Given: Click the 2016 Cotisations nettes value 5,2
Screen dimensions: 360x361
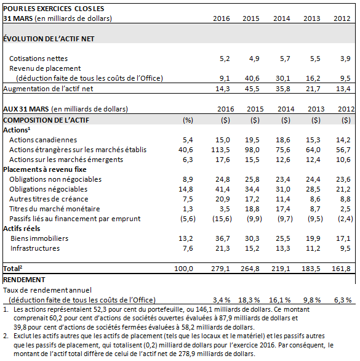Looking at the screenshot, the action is pyautogui.click(x=225, y=59).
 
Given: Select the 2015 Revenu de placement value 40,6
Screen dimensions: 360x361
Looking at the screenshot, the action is pyautogui.click(x=252, y=78).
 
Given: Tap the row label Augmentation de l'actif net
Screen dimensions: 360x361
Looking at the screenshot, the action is pyautogui.click(x=48, y=89).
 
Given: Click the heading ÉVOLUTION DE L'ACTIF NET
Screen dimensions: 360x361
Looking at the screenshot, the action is pyautogui.click(x=49, y=39).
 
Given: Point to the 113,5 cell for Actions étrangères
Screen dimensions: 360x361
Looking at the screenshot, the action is pyautogui.click(x=220, y=150).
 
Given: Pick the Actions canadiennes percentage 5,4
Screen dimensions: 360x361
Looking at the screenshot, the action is pyautogui.click(x=188, y=140).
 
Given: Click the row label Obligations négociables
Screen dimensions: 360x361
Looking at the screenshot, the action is pyautogui.click(x=48, y=189).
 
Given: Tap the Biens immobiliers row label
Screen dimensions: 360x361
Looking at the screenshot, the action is pyautogui.click(x=39, y=238).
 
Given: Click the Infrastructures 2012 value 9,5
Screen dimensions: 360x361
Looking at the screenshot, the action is pyautogui.click(x=345, y=248).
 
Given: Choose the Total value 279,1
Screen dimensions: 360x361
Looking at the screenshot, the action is pyautogui.click(x=220, y=269).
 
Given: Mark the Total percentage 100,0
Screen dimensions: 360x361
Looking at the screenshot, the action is pyautogui.click(x=183, y=269).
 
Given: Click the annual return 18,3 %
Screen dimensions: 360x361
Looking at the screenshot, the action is pyautogui.click(x=249, y=300).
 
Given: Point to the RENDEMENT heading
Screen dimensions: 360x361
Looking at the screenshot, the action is pyautogui.click(x=24, y=280).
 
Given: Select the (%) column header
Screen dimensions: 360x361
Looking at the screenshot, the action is pyautogui.click(x=188, y=120).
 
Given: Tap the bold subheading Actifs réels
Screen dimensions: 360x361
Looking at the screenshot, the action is pyautogui.click(x=22, y=229).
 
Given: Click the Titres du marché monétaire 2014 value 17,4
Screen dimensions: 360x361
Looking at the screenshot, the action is pyautogui.click(x=283, y=209).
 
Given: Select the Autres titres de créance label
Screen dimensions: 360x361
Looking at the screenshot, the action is pyautogui.click(x=49, y=199).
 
